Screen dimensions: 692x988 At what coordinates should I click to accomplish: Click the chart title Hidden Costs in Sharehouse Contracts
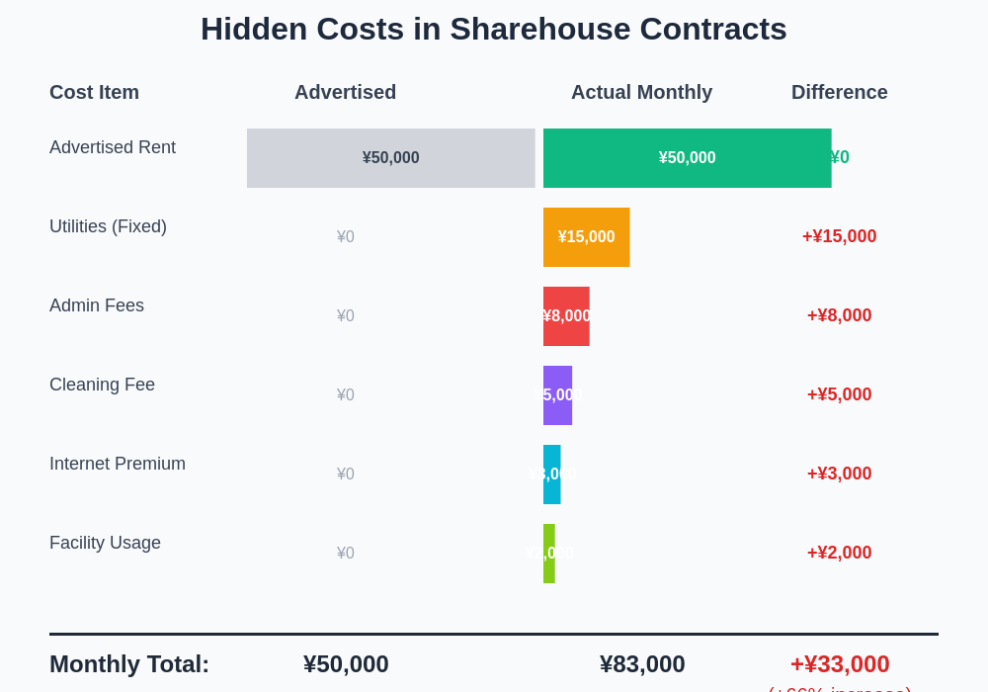pos(494,29)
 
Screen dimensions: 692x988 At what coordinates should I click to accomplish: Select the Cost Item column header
pos(94,92)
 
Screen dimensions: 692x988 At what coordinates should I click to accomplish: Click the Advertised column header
pos(345,92)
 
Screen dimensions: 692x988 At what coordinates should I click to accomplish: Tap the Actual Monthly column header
pos(641,92)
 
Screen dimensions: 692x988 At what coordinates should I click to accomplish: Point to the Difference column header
pos(839,92)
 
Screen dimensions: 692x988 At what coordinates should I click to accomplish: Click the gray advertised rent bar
pos(390,158)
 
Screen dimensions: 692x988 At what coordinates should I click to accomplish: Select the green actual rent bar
pos(687,158)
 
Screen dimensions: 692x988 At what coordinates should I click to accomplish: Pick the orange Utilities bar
pos(586,237)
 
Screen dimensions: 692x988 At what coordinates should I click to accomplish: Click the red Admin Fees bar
pos(566,316)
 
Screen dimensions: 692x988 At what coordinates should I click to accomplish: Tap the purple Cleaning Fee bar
pos(557,395)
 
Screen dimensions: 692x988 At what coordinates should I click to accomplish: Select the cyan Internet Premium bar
pos(551,475)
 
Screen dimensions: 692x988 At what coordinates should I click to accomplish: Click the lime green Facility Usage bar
pos(548,554)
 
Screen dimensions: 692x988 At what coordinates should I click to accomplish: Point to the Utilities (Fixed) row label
pos(108,226)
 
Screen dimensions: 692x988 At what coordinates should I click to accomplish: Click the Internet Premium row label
pos(118,464)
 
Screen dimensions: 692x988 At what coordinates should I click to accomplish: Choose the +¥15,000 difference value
pos(839,236)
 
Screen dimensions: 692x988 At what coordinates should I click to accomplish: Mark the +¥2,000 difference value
pos(839,553)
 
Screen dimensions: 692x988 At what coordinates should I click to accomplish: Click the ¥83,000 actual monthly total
pos(642,664)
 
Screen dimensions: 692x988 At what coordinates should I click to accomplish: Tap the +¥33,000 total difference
pos(840,664)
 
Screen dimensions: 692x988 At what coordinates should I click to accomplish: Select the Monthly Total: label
pos(129,664)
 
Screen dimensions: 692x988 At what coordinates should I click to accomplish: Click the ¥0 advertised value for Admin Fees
pos(345,316)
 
